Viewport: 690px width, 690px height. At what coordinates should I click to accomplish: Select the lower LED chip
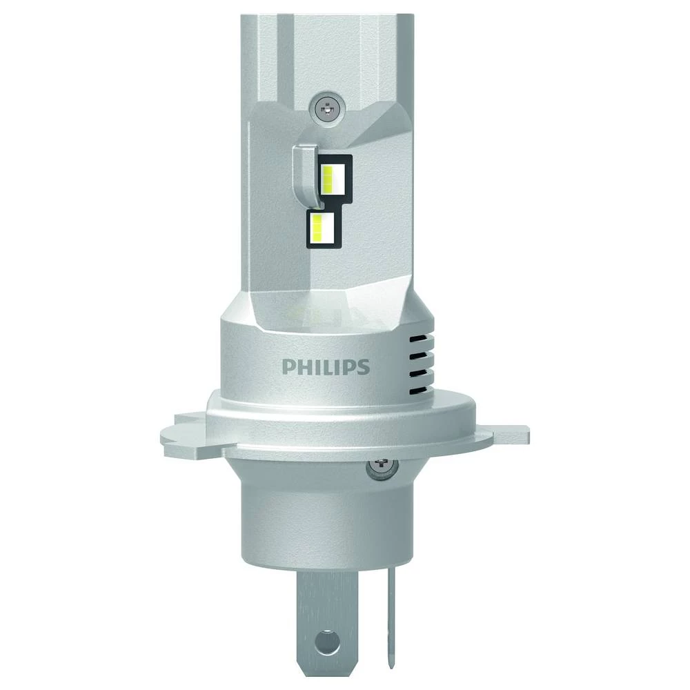pyautogui.click(x=322, y=226)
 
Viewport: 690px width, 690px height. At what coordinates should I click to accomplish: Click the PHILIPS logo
pyautogui.click(x=325, y=365)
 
